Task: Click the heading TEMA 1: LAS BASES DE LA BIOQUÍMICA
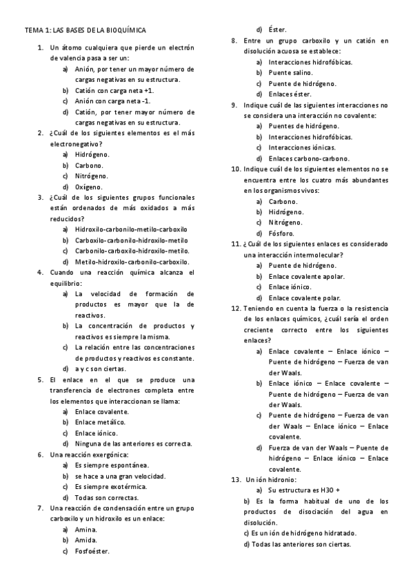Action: point(85,31)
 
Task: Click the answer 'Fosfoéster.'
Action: point(93,551)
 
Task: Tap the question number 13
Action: point(234,479)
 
